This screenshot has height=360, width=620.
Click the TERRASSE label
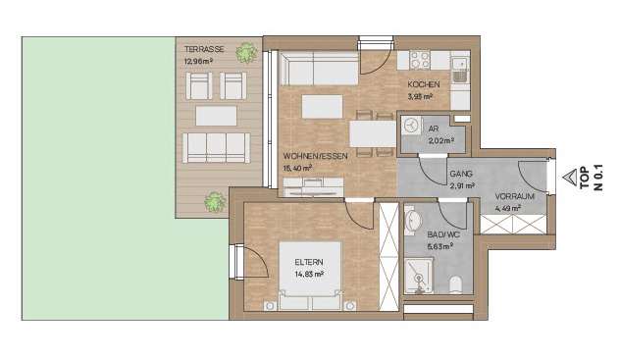point(204,49)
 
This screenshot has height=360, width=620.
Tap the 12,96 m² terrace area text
point(199,61)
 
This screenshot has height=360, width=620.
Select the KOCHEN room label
point(424,84)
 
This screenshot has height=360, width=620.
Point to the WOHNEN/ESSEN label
point(316,156)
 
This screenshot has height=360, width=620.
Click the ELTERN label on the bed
point(309,262)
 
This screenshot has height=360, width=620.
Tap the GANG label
point(461,174)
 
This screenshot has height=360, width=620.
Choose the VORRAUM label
point(515,196)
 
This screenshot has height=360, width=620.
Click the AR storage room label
point(434,129)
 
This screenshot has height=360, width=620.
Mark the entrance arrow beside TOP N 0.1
point(570,178)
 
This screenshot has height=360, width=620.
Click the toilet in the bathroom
point(455,284)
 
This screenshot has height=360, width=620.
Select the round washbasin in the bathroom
point(414,220)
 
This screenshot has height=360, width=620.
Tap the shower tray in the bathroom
point(419,277)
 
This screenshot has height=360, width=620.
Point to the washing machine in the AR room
point(411,127)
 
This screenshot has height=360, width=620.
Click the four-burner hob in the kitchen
point(420,60)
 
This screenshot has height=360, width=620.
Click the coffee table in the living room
point(322,107)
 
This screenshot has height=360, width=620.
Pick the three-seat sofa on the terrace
point(216,148)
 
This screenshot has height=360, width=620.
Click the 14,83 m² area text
point(309,274)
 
